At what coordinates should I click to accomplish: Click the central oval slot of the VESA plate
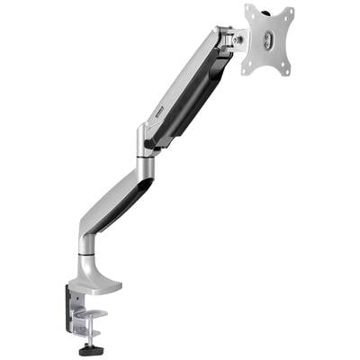click(x=270, y=40)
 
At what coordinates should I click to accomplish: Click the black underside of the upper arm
click(x=193, y=99)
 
